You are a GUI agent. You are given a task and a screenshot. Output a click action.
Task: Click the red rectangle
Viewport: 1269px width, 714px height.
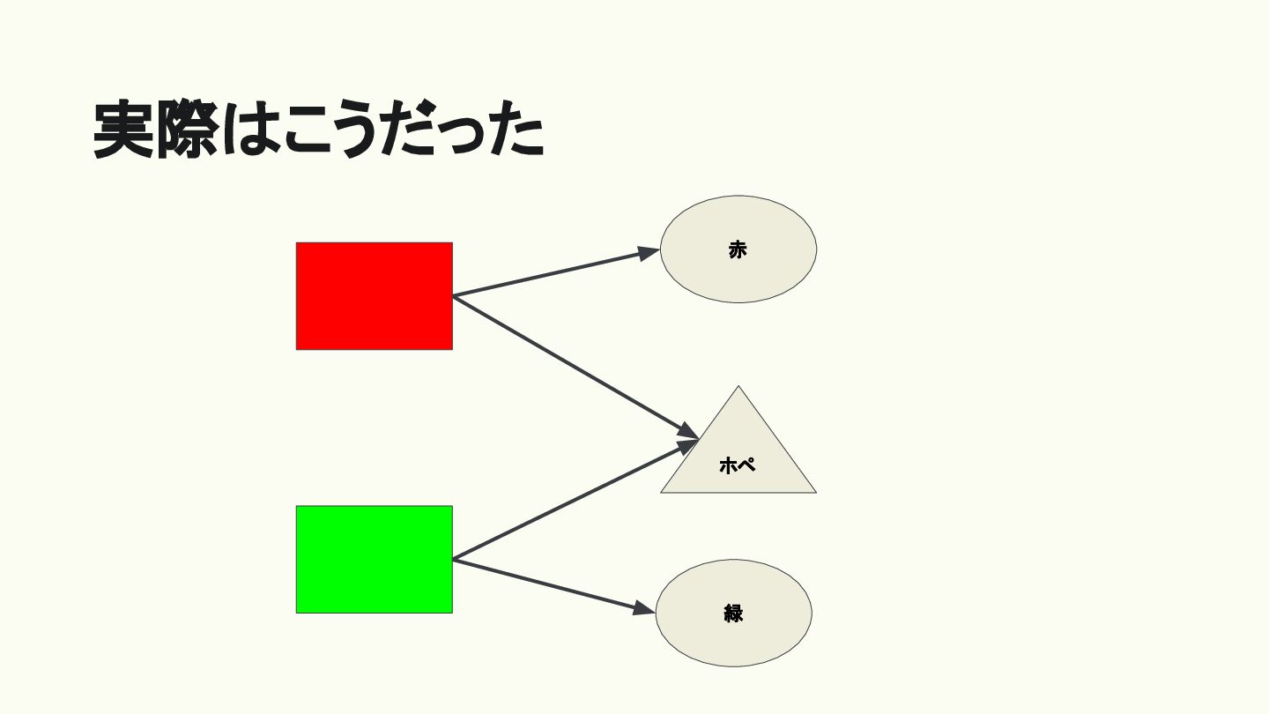click(x=374, y=296)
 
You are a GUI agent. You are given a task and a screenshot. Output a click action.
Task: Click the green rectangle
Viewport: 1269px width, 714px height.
click(x=374, y=559)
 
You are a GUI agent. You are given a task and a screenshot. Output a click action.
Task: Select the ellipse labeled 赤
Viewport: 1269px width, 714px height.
click(x=738, y=249)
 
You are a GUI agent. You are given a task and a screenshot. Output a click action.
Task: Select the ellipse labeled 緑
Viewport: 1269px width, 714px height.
click(x=733, y=614)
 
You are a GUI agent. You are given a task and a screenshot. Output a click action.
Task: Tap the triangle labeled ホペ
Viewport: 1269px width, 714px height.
click(x=738, y=453)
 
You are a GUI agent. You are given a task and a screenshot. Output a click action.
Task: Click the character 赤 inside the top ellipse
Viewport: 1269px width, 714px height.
click(x=738, y=250)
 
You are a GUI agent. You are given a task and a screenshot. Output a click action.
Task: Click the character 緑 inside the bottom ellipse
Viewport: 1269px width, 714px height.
click(x=733, y=614)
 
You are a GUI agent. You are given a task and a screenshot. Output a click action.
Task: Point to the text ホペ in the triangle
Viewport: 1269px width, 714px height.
click(x=737, y=465)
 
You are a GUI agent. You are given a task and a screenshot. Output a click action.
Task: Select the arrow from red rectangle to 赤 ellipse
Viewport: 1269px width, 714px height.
click(x=556, y=272)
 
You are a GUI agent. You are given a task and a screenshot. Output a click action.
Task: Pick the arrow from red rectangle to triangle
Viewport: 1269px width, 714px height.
click(x=575, y=367)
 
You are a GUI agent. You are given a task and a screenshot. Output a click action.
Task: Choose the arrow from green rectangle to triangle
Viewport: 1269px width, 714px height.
click(x=575, y=501)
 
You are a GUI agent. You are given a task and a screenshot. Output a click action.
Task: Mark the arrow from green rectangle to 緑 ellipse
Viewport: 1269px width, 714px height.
click(x=554, y=586)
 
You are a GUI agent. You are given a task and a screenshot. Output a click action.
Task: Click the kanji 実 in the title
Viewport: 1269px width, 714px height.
click(x=123, y=130)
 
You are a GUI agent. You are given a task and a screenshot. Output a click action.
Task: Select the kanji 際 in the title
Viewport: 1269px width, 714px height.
click(x=188, y=130)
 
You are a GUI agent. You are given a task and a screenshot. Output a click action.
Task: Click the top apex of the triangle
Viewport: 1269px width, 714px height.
click(x=738, y=386)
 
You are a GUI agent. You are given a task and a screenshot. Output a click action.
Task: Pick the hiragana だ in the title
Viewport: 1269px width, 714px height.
click(x=408, y=130)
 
